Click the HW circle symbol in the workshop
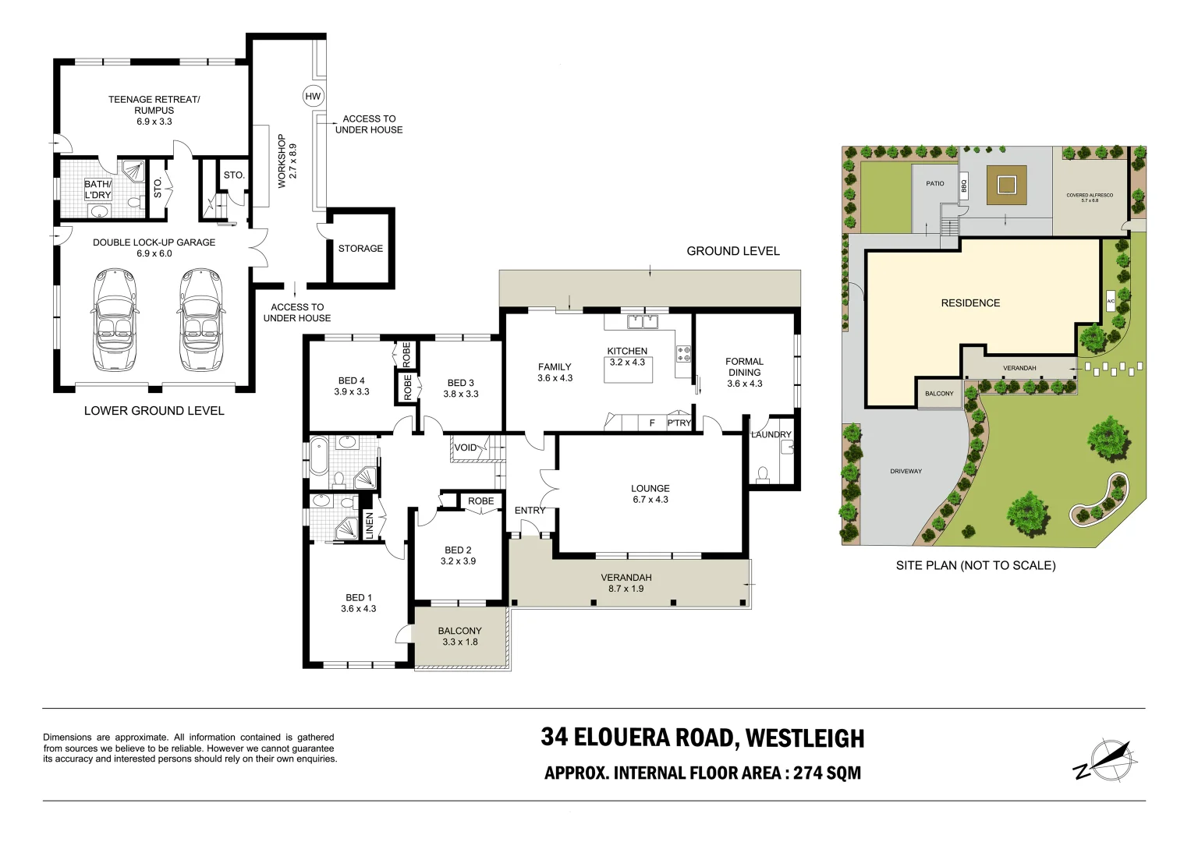pos(313,97)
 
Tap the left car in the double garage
pos(115,320)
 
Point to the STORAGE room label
pos(360,249)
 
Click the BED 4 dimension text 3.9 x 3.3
pos(352,392)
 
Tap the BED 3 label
pos(460,383)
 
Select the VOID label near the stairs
pos(466,448)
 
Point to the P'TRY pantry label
pos(679,423)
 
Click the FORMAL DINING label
pos(744,366)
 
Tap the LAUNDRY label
pos(771,434)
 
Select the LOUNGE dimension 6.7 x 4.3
pos(650,500)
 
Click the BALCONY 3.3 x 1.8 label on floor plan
pos(459,636)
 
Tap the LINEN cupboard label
pos(370,525)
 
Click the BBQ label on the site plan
pos(964,187)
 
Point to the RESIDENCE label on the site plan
pos(970,303)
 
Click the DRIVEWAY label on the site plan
pos(906,472)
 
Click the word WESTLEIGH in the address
pos(804,738)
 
